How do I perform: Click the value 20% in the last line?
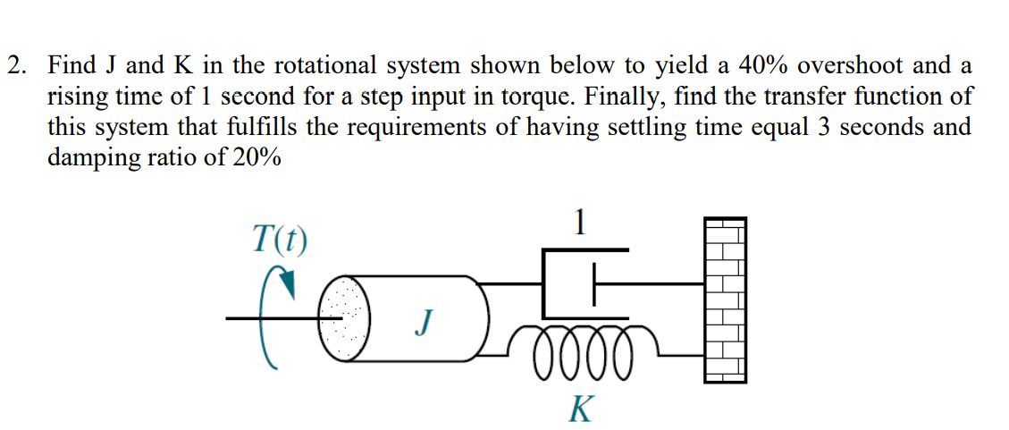[254, 156]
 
